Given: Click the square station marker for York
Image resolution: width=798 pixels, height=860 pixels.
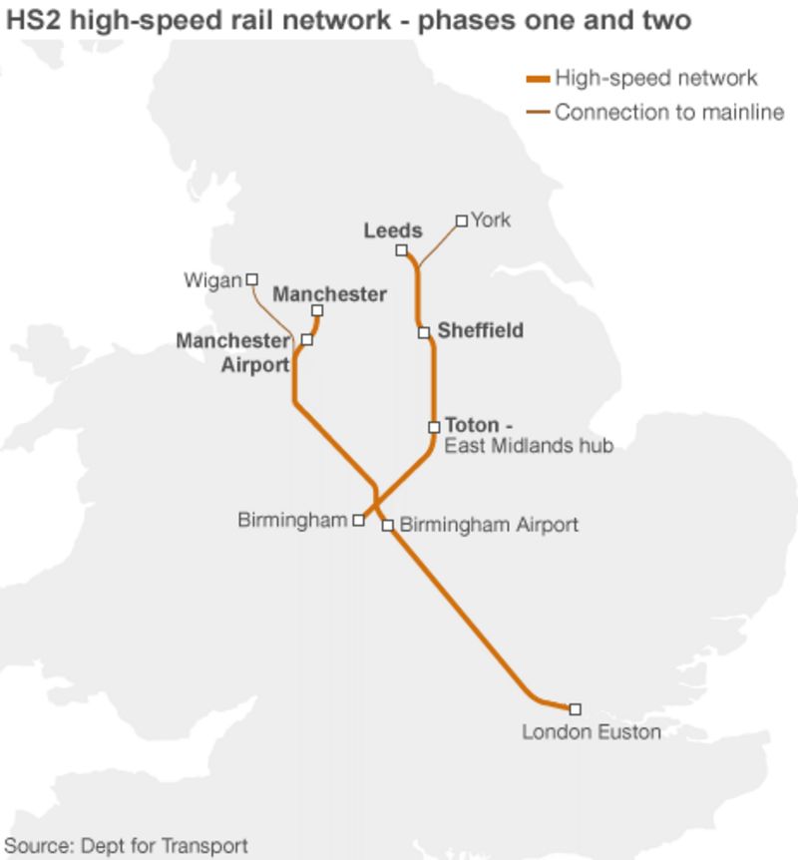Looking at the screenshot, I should pos(461,220).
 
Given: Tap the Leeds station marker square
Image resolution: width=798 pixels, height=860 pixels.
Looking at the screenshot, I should pos(401,249).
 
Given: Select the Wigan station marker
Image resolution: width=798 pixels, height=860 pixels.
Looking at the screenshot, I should pos(252,279).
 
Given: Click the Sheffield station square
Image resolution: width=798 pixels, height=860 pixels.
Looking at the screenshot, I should pos(424,332).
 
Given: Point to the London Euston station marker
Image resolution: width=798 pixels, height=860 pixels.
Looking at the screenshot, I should pos(576,709).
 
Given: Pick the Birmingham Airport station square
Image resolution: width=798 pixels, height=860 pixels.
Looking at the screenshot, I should pos(388,525).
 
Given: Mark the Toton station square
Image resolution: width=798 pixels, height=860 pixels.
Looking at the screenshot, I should pos(434,427).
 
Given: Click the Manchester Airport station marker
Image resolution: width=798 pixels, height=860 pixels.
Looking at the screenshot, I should pos(306,340).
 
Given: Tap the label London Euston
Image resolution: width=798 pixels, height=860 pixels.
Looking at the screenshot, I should pos(592,733).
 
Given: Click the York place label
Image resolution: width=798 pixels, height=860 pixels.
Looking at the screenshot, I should pos(491,219).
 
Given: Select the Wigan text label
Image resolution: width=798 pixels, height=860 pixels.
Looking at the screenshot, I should pos(212,281).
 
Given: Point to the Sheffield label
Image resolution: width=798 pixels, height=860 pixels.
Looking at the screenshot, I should pos(480,330).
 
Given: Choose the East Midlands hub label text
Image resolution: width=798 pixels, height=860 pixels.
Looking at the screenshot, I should pos(528,446).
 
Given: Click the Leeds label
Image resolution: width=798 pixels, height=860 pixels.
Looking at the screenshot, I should pos(393,230).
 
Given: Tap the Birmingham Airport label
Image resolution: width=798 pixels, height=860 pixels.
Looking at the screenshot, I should pos(489,524).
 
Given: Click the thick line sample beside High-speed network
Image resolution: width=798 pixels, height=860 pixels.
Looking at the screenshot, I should pos(538,79).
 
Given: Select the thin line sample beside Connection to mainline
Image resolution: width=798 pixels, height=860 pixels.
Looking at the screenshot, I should pos(538,112).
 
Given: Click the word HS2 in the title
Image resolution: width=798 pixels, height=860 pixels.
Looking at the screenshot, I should pos(33,21).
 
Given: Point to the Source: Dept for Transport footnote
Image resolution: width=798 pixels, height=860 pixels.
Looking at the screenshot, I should pos(126,846).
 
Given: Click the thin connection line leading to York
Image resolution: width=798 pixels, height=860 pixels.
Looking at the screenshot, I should pos(439,243).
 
